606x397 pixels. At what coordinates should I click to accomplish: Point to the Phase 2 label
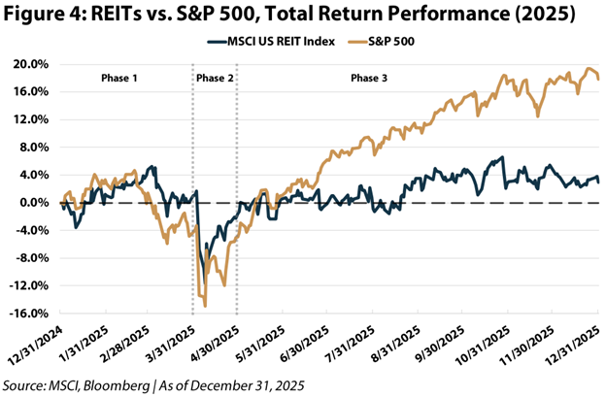[x=215, y=76]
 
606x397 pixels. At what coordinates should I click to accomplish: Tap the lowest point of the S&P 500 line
[x=205, y=306]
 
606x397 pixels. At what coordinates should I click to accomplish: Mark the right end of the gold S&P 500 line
[x=597, y=79]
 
